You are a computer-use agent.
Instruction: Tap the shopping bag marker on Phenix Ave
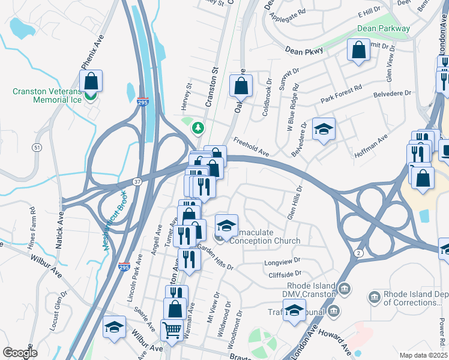tap(91, 80)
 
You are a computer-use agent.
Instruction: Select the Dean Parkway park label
tap(383, 28)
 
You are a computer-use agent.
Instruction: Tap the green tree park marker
tap(197, 128)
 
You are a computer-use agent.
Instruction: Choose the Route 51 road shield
tap(38, 147)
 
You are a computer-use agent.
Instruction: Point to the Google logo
tap(20, 353)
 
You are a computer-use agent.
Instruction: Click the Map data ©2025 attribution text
tap(423, 355)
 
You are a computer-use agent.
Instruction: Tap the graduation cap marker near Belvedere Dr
tap(324, 129)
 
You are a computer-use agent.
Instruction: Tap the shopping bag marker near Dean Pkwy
tap(358, 50)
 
